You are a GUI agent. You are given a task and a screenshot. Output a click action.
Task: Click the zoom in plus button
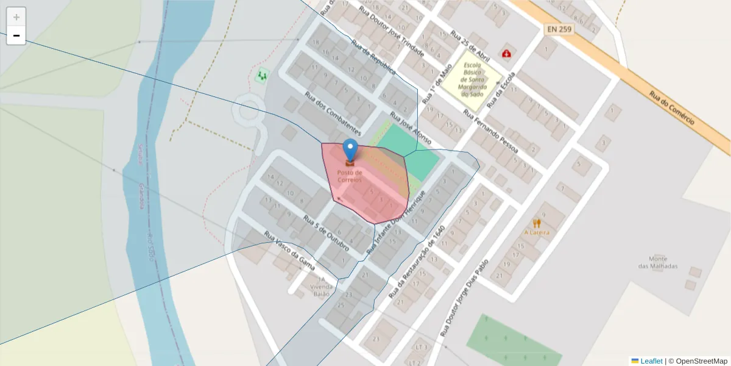click(16, 17)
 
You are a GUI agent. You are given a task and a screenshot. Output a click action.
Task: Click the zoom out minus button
click(16, 36)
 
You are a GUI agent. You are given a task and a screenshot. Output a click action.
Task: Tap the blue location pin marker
click(350, 149)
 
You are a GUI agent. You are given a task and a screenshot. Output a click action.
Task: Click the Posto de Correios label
click(350, 176)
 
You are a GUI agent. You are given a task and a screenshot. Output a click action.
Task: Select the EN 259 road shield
click(559, 29)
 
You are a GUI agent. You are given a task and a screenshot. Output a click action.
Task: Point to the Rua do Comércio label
click(672, 108)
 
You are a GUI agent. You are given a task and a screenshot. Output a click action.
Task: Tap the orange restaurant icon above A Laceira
click(537, 223)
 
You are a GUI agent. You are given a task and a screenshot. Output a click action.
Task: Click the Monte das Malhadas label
click(658, 262)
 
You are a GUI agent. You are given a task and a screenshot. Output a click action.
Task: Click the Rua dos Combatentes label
click(333, 113)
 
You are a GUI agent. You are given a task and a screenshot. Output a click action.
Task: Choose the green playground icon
click(262, 76)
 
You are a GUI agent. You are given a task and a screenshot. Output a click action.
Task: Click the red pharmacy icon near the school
click(506, 54)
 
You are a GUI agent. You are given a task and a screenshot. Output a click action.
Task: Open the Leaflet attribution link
click(651, 361)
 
